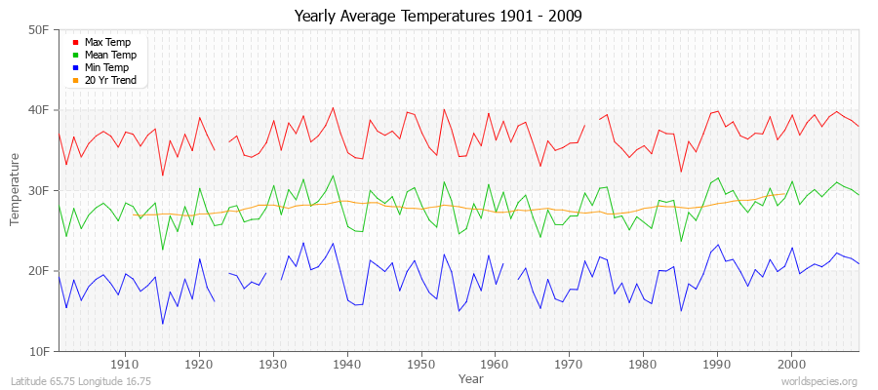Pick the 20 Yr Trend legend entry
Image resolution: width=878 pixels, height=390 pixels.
click(x=109, y=80)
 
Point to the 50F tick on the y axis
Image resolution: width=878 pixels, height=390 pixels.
click(x=39, y=30)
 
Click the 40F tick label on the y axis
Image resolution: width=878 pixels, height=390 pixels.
click(x=39, y=110)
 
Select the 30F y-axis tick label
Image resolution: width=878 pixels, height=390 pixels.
click(x=39, y=190)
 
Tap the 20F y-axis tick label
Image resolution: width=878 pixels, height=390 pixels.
click(x=39, y=270)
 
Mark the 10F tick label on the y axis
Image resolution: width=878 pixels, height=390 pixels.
click(x=39, y=350)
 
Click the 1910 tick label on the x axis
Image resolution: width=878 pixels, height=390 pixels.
click(x=125, y=365)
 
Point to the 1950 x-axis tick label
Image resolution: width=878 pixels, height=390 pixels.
click(x=421, y=365)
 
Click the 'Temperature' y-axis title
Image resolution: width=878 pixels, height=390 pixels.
click(x=16, y=190)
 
